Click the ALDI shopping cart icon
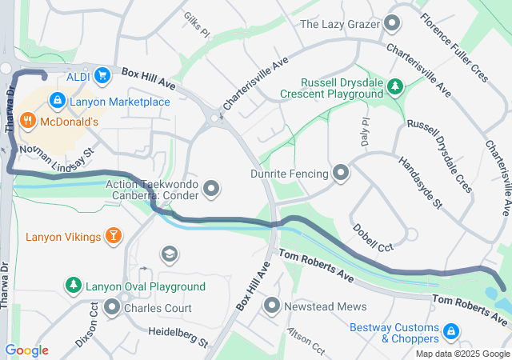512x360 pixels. click(102, 76)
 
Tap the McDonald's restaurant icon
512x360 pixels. click(28, 122)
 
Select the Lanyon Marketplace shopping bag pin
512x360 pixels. click(57, 101)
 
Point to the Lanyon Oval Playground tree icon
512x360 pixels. click(73, 286)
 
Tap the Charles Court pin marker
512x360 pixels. click(112, 307)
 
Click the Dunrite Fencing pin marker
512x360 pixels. click(342, 172)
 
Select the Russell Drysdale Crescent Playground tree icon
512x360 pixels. click(394, 86)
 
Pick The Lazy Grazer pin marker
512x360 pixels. click(391, 24)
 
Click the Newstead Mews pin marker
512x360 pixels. click(273, 306)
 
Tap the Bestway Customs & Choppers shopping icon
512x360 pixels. click(451, 330)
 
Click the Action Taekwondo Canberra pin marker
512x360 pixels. click(211, 189)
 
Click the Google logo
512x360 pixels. click(26, 350)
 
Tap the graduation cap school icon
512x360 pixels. click(169, 254)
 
